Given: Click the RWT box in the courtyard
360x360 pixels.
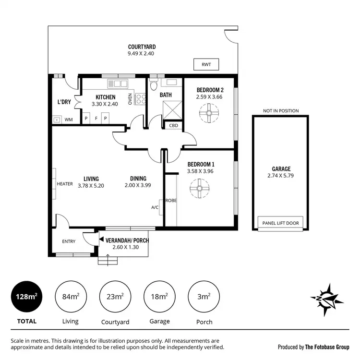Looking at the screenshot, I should (206, 64).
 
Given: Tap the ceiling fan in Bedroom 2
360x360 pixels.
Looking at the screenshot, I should (209, 113).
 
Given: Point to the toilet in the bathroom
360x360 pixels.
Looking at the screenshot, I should (154, 86).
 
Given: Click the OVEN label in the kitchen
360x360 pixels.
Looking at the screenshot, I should (130, 99).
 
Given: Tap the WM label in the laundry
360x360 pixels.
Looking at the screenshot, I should (69, 119).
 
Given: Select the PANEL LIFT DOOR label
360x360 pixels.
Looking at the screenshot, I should (281, 223).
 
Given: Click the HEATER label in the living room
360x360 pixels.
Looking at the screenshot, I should (65, 184).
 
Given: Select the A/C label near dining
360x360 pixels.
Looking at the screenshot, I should (155, 207).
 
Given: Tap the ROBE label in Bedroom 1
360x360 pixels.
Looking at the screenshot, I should (171, 200).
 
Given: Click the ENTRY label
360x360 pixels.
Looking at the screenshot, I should (69, 241).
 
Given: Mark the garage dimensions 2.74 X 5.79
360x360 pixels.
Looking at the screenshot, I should (281, 176).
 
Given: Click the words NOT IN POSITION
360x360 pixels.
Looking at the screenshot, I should (281, 111).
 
